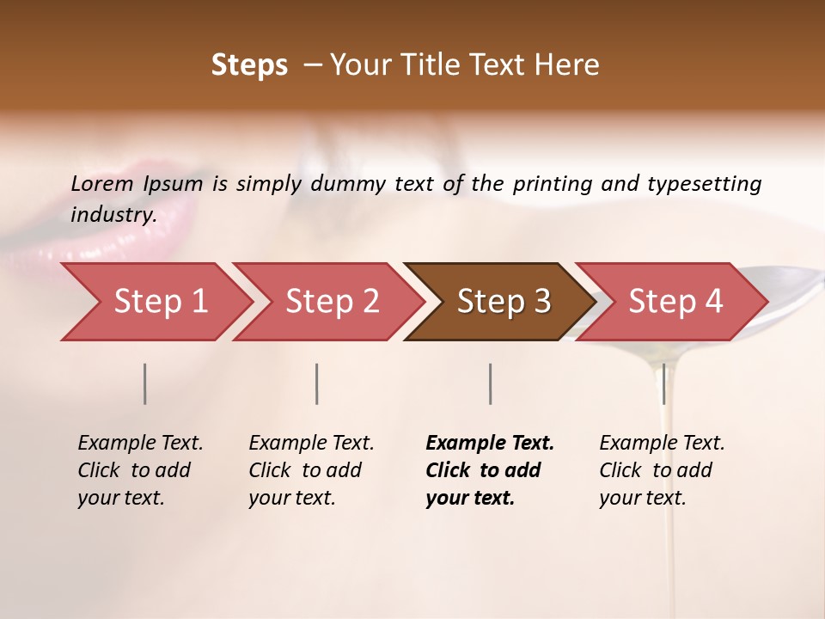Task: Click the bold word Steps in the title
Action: point(249,65)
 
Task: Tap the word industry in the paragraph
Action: point(113,215)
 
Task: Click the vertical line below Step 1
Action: point(144,383)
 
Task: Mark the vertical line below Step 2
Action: point(316,383)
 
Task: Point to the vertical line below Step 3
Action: point(490,383)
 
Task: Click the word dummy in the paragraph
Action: point(347,184)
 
